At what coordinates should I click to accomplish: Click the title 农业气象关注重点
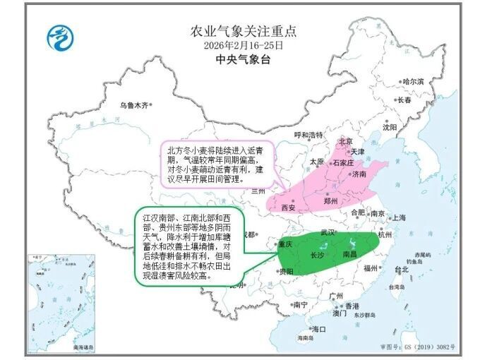(244, 31)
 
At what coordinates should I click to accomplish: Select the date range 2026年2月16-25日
(244, 45)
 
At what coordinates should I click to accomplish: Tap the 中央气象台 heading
(244, 59)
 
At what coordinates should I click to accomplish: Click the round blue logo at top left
(60, 37)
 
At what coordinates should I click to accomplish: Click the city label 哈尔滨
(413, 82)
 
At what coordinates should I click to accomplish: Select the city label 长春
(404, 100)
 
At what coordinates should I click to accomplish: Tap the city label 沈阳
(390, 128)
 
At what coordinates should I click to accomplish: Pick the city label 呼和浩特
(308, 135)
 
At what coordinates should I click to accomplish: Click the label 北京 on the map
(345, 141)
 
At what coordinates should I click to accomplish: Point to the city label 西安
(288, 208)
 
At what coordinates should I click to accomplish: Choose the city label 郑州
(330, 200)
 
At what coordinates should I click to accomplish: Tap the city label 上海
(399, 217)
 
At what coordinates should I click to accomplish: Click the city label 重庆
(284, 244)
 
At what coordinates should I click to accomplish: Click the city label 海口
(319, 329)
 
